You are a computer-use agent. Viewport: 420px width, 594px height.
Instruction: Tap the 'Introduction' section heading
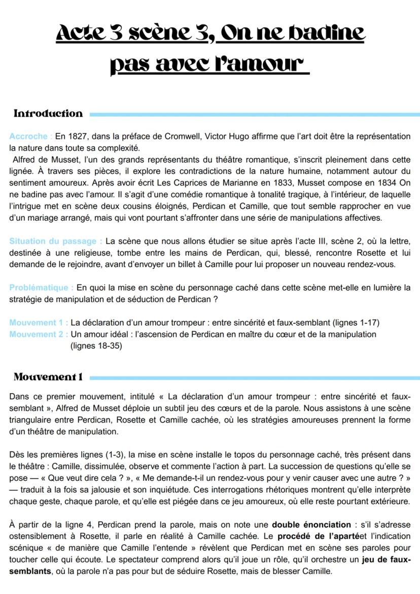pos(48,114)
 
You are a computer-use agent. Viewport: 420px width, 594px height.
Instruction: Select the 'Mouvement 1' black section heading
pos(48,377)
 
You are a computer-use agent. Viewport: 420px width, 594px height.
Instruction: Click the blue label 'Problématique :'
pos(41,288)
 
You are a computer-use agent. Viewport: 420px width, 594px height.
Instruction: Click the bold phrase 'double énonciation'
pos(311,525)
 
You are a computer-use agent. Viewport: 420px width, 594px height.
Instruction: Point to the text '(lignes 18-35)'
pos(96,346)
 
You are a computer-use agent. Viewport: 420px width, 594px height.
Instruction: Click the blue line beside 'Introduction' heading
pos(254,115)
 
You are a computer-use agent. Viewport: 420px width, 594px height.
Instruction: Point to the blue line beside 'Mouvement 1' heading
pos(254,377)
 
